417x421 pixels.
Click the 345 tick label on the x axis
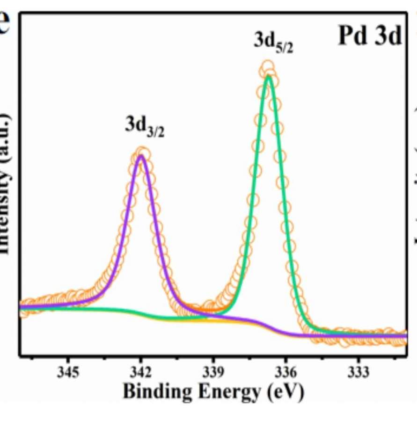tap(68, 373)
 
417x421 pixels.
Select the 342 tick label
tap(140, 373)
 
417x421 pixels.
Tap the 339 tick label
tap(213, 373)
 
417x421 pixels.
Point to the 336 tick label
tap(285, 373)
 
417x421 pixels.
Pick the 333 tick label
tap(358, 373)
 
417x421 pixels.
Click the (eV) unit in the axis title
tap(285, 392)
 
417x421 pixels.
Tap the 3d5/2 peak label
tap(273, 42)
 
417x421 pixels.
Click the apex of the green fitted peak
tap(268, 76)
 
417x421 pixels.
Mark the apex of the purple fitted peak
tap(141, 156)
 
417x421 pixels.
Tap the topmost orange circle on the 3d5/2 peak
tap(267, 67)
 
